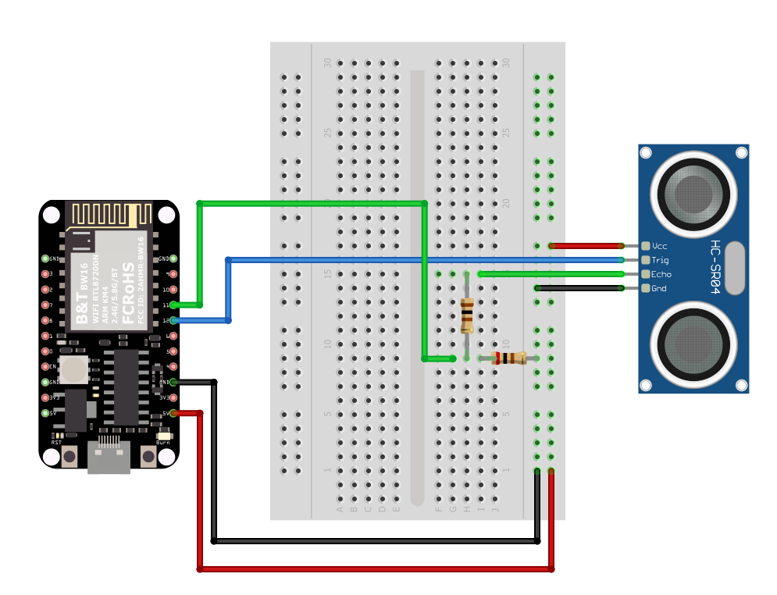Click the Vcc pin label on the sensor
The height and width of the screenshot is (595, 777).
(x=660, y=245)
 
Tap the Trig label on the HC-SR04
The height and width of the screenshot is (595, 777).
(x=661, y=260)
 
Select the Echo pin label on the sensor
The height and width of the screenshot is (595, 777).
(x=661, y=274)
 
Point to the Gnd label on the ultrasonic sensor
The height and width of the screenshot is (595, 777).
(x=659, y=289)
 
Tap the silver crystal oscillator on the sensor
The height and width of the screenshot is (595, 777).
(x=735, y=268)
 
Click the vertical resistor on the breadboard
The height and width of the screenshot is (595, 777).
(x=467, y=315)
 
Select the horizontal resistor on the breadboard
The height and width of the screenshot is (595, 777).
(x=509, y=358)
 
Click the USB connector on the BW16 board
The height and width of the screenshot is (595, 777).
(x=109, y=458)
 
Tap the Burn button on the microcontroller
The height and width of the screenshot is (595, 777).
(x=148, y=456)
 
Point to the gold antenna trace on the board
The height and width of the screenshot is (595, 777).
(x=109, y=214)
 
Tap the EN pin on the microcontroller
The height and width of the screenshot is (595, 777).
(x=45, y=366)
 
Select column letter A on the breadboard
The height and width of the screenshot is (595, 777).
(x=340, y=509)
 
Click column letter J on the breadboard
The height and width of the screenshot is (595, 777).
(x=495, y=509)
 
